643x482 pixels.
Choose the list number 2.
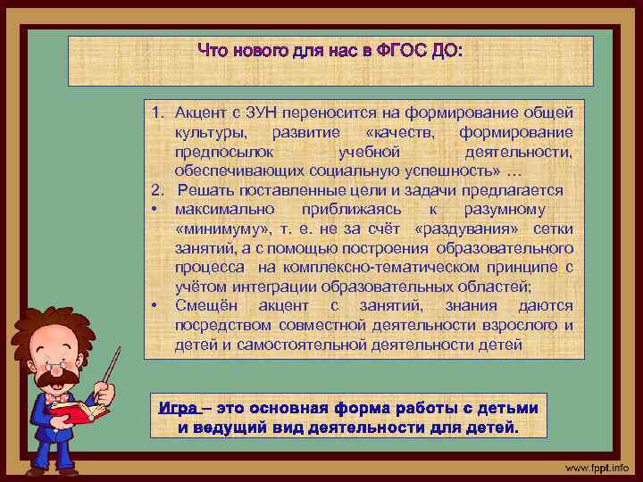tap(155, 189)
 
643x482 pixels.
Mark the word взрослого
tap(518, 325)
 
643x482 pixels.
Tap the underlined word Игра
tap(177, 409)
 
